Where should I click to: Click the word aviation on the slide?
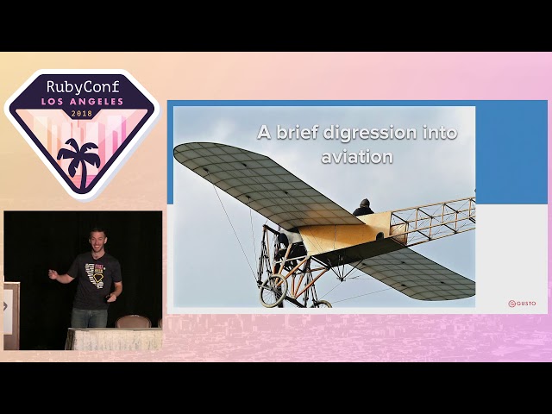357,157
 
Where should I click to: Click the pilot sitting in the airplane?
363,208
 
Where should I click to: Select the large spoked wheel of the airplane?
273,291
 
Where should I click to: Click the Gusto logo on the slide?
522,304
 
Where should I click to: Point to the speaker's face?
97,241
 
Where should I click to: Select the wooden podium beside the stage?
10,315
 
